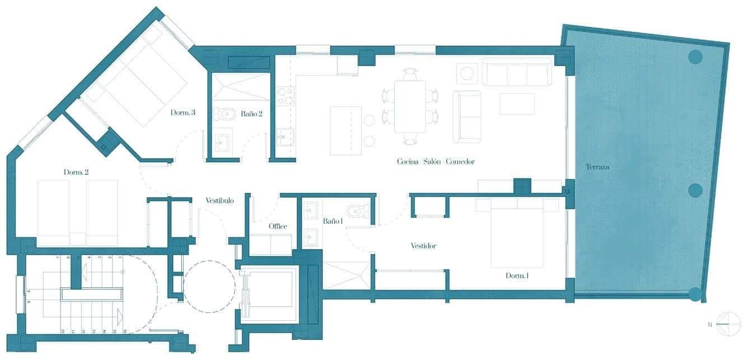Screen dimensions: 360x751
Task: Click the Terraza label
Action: click(597, 167)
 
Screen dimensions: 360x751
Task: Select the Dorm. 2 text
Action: click(76, 172)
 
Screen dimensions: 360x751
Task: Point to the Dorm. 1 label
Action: click(518, 275)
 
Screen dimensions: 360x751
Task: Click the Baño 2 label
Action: click(251, 114)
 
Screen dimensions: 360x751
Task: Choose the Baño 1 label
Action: click(332, 221)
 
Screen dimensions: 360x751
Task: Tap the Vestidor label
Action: click(423, 246)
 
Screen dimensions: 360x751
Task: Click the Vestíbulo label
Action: click(219, 200)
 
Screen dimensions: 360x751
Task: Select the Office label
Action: click(278, 226)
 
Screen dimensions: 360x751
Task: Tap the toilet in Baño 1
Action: click(356, 211)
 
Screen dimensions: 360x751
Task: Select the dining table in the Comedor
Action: click(410, 106)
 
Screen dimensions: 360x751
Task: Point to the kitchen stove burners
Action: click(285, 96)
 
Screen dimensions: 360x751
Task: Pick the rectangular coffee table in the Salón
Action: click(517, 104)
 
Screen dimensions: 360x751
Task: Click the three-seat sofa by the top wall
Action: click(517, 73)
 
